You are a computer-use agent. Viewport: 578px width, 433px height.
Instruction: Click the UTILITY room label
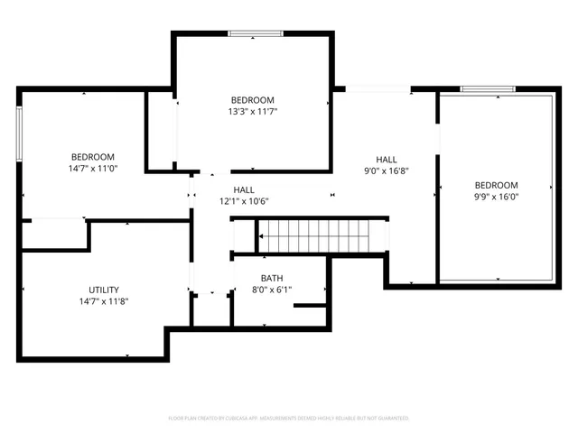tap(91, 290)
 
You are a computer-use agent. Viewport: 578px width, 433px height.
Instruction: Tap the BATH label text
tap(272, 278)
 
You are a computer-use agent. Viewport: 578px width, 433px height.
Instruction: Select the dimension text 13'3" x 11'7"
tap(252, 112)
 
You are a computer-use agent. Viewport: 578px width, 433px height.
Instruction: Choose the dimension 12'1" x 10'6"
tap(244, 201)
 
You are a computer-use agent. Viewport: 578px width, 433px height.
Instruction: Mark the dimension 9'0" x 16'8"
tap(387, 170)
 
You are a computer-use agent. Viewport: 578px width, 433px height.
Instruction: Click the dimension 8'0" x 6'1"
tap(272, 290)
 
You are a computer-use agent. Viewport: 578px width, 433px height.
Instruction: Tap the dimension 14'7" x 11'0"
tap(93, 168)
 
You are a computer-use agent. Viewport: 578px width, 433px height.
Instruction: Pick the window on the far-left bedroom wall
tap(19, 135)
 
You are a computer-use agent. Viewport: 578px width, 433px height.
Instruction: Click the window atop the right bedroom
tap(489, 89)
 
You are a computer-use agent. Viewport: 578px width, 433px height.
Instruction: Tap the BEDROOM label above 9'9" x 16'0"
tap(496, 185)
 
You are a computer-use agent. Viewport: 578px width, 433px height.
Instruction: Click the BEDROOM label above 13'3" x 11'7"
tap(252, 100)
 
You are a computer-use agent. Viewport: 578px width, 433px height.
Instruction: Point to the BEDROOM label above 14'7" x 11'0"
tap(93, 156)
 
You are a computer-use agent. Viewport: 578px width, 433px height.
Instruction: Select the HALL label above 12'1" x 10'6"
tap(244, 189)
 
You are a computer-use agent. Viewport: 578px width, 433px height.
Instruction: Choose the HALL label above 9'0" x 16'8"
tap(387, 158)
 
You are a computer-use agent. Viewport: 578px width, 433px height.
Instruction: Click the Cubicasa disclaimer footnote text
tap(289, 419)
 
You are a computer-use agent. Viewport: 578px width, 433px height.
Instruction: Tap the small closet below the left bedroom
tap(53, 235)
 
